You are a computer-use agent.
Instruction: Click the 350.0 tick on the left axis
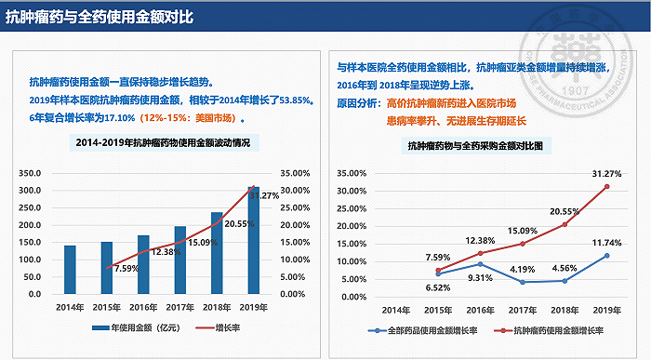[31, 173]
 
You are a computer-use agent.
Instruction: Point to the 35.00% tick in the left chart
[296, 173]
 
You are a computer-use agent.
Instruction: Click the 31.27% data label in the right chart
[606, 173]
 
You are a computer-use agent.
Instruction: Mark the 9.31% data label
[480, 277]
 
